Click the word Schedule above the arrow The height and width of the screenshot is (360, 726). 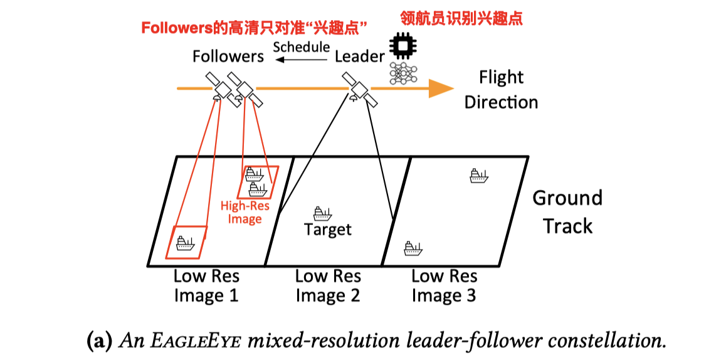click(x=301, y=47)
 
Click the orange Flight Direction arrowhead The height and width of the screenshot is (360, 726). click(x=441, y=88)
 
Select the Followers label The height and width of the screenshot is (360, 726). click(x=228, y=56)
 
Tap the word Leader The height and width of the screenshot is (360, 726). click(x=359, y=56)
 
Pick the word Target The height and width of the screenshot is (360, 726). click(x=328, y=230)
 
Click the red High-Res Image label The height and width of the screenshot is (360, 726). click(x=245, y=212)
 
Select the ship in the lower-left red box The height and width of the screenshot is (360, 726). click(x=186, y=242)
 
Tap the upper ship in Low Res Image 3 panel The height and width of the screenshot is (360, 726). click(x=479, y=176)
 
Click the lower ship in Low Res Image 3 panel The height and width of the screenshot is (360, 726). click(x=413, y=248)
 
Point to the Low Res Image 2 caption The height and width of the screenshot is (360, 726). click(x=328, y=285)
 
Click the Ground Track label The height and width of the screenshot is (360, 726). click(x=567, y=212)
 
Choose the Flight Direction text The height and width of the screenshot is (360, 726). click(x=501, y=90)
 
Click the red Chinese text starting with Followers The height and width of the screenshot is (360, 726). click(x=254, y=28)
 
